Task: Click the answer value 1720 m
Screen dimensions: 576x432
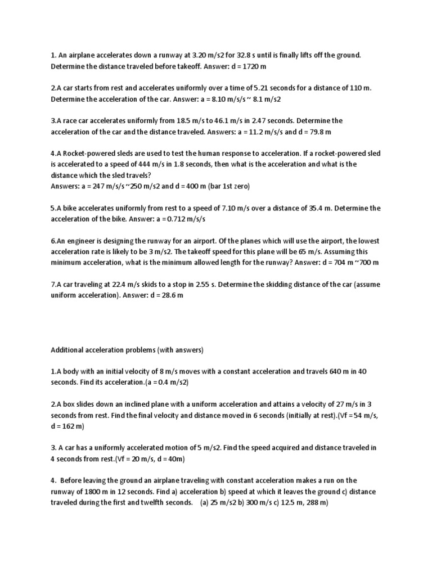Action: pos(251,66)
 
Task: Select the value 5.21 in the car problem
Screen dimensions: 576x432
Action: pos(262,88)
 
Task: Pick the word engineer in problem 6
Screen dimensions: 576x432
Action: pos(80,241)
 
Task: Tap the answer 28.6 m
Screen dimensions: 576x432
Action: pos(170,295)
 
